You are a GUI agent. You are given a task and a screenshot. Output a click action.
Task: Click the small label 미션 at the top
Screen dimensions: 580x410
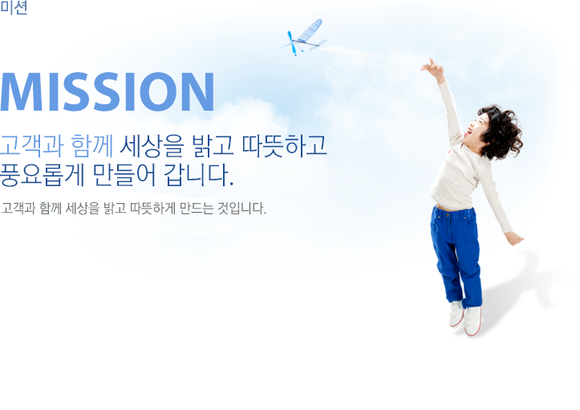point(14,8)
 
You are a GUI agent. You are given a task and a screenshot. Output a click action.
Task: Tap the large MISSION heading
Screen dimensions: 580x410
point(107,92)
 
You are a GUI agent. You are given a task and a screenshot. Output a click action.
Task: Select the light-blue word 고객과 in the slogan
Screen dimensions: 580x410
point(32,145)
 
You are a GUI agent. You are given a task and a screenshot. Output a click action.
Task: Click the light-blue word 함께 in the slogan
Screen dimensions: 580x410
point(91,145)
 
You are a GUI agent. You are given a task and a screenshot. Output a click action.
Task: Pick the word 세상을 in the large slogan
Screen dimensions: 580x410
point(152,145)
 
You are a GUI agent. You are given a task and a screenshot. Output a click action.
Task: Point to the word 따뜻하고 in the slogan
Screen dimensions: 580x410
point(285,145)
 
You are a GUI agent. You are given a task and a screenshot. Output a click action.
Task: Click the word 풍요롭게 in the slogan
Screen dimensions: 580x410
point(43,174)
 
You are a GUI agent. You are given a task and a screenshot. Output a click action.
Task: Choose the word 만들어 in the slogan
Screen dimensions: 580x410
point(124,174)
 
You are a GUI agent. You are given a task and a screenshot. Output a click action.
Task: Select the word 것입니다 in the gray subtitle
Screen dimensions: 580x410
point(241,209)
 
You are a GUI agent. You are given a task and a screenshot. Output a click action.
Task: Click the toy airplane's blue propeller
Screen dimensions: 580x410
point(292,43)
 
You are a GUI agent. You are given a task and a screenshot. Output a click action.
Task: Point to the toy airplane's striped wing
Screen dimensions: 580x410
point(310,30)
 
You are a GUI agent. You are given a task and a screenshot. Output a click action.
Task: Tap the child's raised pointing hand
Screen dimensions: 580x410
point(432,67)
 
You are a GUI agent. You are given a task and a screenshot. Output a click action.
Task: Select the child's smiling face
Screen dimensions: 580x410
point(475,128)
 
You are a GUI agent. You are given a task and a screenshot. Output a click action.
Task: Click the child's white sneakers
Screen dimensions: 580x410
point(466,318)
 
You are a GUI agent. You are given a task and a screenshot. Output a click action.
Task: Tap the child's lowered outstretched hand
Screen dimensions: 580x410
point(514,237)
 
